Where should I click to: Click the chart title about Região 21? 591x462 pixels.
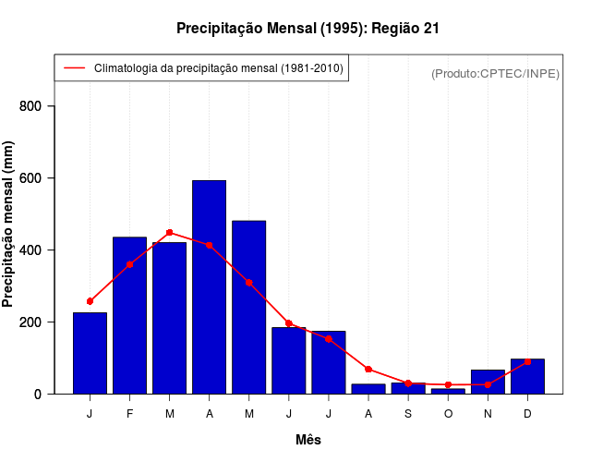coord(308,29)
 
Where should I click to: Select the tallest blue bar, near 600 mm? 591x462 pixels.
coord(209,286)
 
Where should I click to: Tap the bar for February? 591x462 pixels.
coord(129,315)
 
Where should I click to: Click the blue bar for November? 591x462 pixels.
coord(488,382)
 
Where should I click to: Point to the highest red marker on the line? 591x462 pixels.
coord(169,233)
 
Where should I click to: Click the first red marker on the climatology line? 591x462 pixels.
coord(90,301)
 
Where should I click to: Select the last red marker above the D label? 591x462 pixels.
coord(527,362)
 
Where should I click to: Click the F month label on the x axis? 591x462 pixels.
coord(129,413)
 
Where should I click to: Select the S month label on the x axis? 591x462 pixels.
coord(408,413)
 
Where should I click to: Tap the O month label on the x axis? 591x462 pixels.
coord(448,413)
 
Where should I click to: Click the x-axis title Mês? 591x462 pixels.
coord(308,440)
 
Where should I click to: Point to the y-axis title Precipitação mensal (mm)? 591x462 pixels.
coord(9,225)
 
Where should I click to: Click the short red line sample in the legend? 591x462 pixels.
coord(74,68)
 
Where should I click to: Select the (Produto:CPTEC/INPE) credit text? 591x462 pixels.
coord(496,73)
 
